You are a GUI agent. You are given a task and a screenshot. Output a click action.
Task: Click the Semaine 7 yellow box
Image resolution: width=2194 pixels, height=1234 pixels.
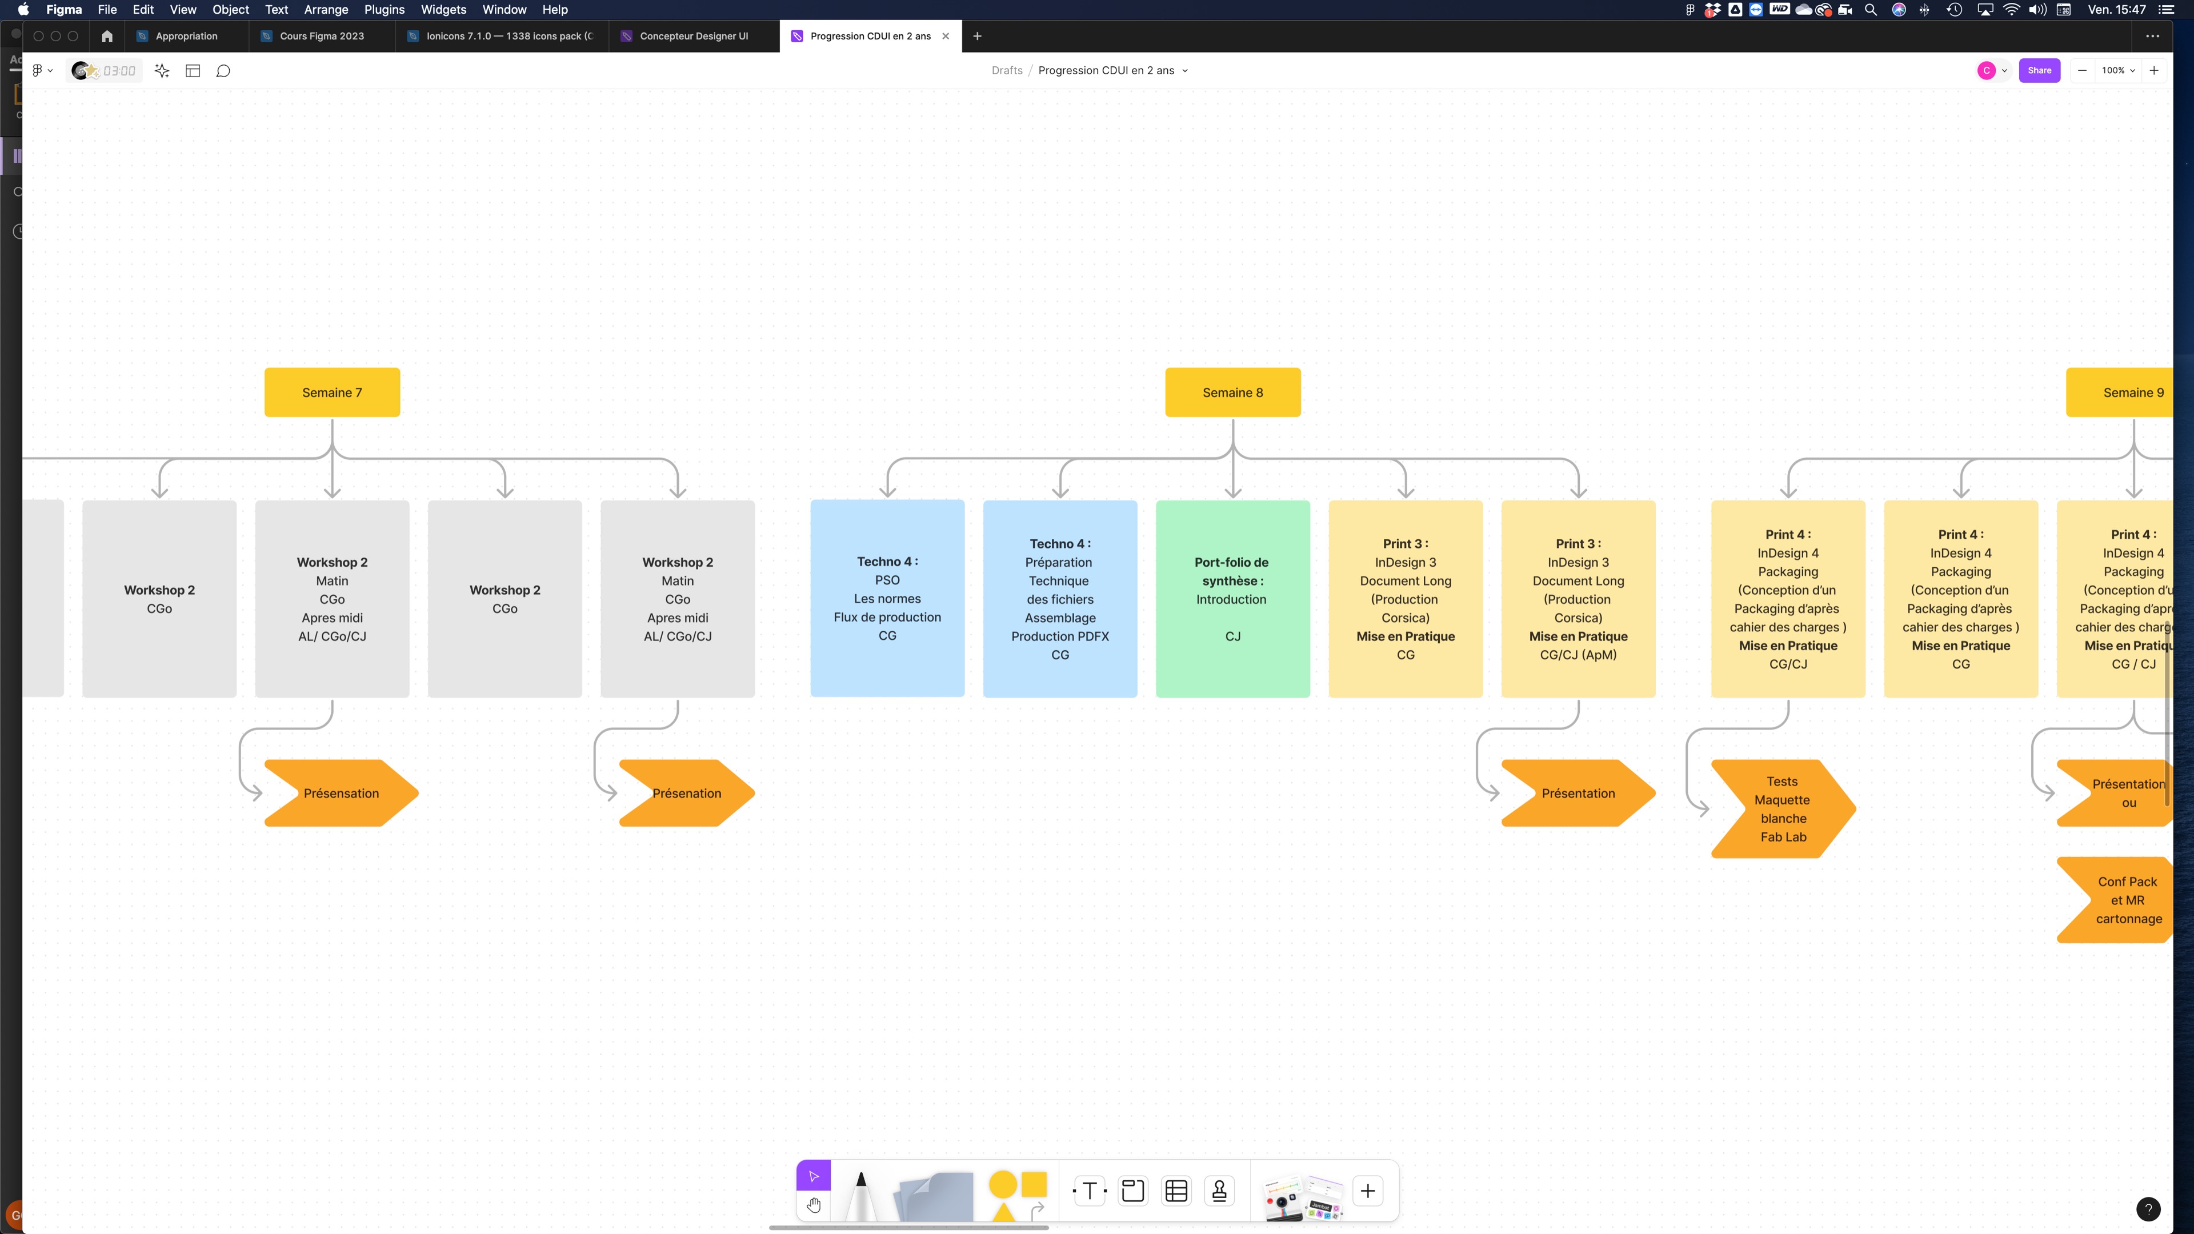[331, 392]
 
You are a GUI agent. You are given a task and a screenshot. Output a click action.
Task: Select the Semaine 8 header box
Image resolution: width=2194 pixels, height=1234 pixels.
[1232, 392]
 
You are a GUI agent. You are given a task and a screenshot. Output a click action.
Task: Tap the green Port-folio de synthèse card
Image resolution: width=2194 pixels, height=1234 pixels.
[1232, 599]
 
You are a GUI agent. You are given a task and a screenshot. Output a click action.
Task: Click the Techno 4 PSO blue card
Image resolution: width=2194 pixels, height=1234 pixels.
[887, 599]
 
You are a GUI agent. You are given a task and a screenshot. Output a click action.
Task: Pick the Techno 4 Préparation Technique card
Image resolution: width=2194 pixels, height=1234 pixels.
[1059, 599]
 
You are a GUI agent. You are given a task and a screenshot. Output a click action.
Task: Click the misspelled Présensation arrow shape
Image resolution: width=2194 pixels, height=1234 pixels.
[341, 793]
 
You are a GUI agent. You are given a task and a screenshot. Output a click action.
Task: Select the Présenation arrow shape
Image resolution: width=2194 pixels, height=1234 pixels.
[686, 793]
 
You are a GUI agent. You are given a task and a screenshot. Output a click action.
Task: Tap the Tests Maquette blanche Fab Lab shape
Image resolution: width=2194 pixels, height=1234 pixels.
[1782, 809]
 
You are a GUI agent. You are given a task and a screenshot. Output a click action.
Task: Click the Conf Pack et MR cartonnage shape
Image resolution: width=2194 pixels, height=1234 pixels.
[2121, 900]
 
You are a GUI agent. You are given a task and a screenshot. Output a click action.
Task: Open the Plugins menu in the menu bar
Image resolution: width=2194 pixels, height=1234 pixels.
[384, 9]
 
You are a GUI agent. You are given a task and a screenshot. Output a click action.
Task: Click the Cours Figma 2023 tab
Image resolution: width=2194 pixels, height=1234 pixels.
[321, 36]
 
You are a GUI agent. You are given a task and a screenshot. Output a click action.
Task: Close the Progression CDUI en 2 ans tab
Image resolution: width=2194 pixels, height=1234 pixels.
[946, 36]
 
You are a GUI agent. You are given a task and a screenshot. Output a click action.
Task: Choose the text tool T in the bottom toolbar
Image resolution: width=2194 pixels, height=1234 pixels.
[1090, 1191]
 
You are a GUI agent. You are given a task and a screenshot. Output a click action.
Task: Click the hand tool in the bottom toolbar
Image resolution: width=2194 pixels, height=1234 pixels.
[814, 1205]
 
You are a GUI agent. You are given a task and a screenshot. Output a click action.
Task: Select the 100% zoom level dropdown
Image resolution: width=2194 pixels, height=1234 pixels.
[2118, 71]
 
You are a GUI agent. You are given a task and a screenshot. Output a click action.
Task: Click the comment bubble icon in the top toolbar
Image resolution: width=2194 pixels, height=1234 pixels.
[223, 71]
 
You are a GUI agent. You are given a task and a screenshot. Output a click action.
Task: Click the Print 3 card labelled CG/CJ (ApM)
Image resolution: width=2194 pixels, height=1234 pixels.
[1578, 599]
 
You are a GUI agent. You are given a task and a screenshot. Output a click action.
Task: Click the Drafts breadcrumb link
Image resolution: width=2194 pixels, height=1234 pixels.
[1007, 71]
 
